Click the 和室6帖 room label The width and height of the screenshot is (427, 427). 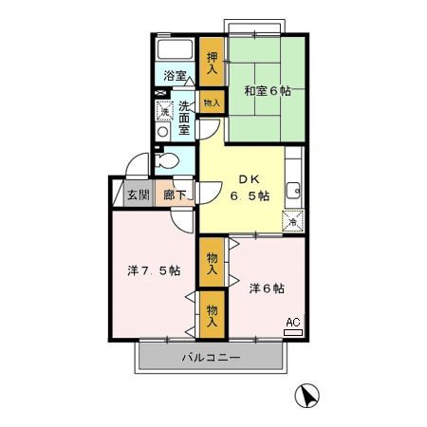(266, 91)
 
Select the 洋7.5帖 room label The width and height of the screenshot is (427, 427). (154, 270)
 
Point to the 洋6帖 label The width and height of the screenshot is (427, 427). (267, 288)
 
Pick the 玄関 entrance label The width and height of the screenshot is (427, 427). (138, 195)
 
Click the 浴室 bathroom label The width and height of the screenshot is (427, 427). (174, 76)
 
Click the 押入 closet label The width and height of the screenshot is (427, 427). (213, 63)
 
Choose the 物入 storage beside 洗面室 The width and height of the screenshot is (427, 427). (213, 102)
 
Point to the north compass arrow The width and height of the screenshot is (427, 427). (306, 394)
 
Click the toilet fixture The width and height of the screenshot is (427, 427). (167, 161)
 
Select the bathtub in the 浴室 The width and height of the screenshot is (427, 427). (174, 49)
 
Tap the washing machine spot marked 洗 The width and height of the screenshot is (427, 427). (162, 111)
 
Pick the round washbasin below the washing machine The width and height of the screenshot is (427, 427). (162, 134)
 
